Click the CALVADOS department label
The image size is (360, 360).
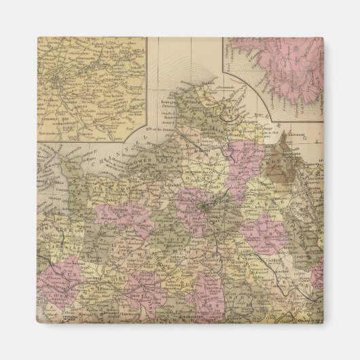[x=102, y=163]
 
